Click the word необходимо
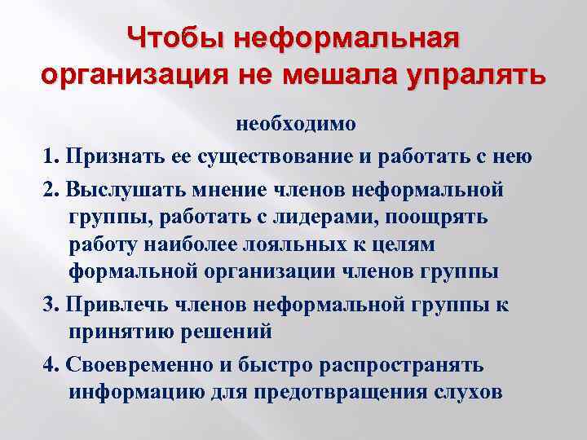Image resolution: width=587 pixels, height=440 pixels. point(296,125)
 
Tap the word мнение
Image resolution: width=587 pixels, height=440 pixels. point(225,190)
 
